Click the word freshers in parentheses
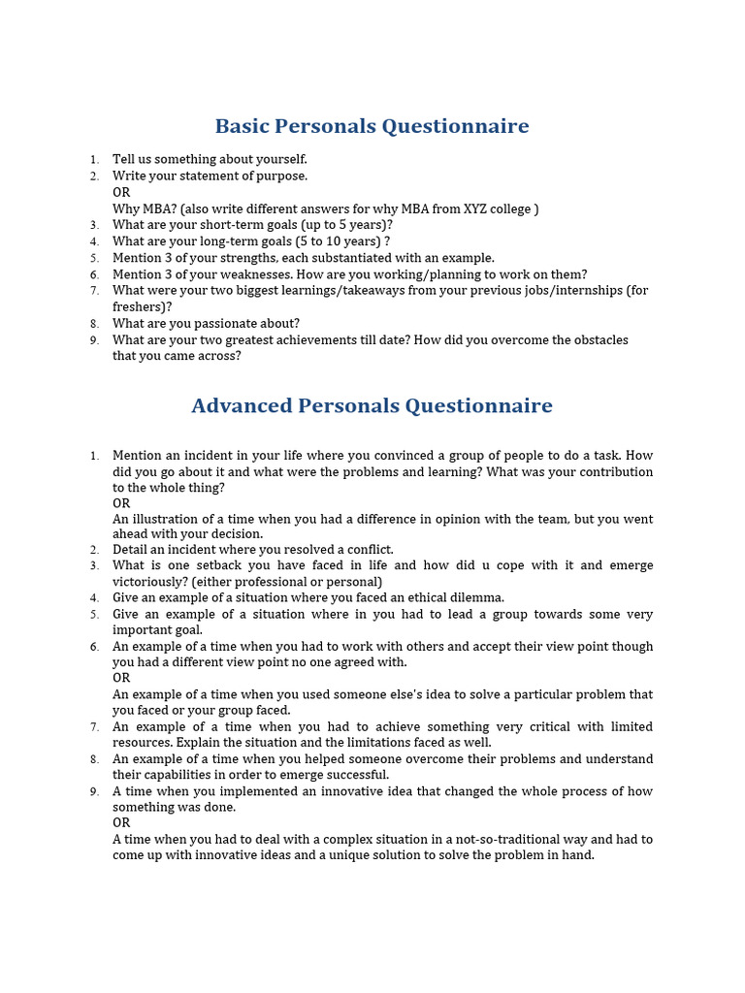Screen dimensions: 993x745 (x=139, y=306)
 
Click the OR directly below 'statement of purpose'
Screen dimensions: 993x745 (x=121, y=192)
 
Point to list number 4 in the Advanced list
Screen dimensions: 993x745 (x=94, y=598)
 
